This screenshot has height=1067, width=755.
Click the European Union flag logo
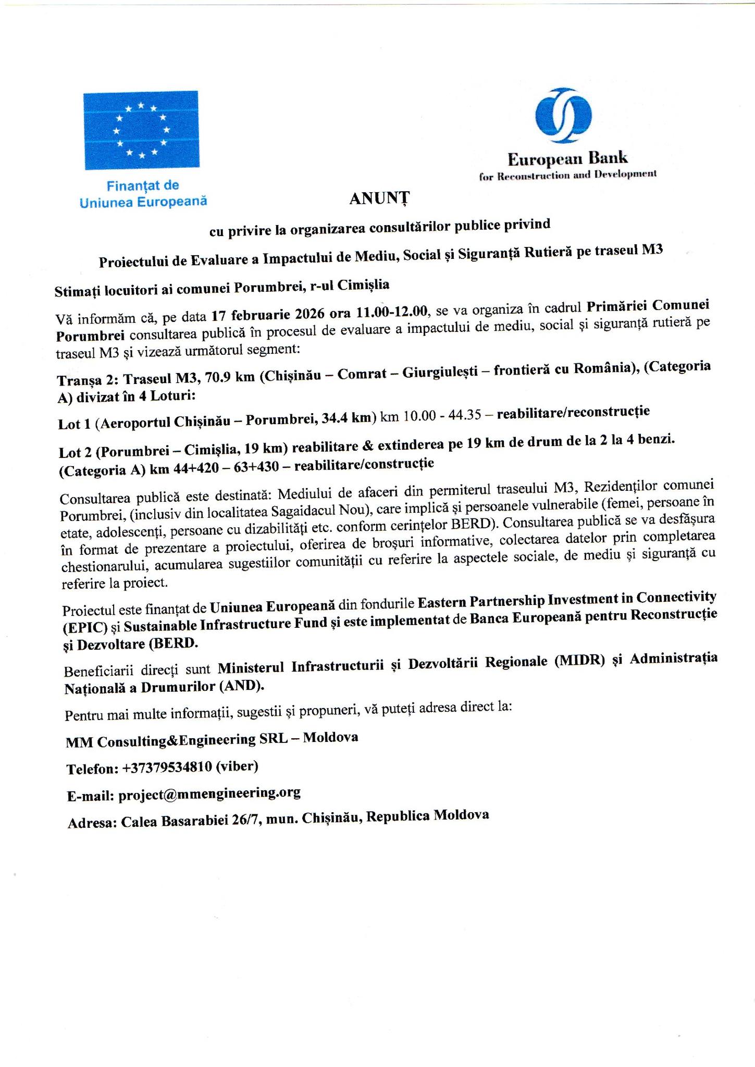(141, 130)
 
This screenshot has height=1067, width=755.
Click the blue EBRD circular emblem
(563, 116)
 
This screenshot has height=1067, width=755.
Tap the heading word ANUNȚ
(379, 198)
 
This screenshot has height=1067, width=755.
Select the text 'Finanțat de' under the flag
(143, 185)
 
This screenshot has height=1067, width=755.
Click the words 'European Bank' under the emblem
(567, 158)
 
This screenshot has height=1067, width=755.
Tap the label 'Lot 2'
(76, 453)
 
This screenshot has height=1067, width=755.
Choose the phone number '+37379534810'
(167, 767)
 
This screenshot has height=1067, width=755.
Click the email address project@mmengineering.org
(209, 793)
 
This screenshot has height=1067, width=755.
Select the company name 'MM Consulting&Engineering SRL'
(177, 740)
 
